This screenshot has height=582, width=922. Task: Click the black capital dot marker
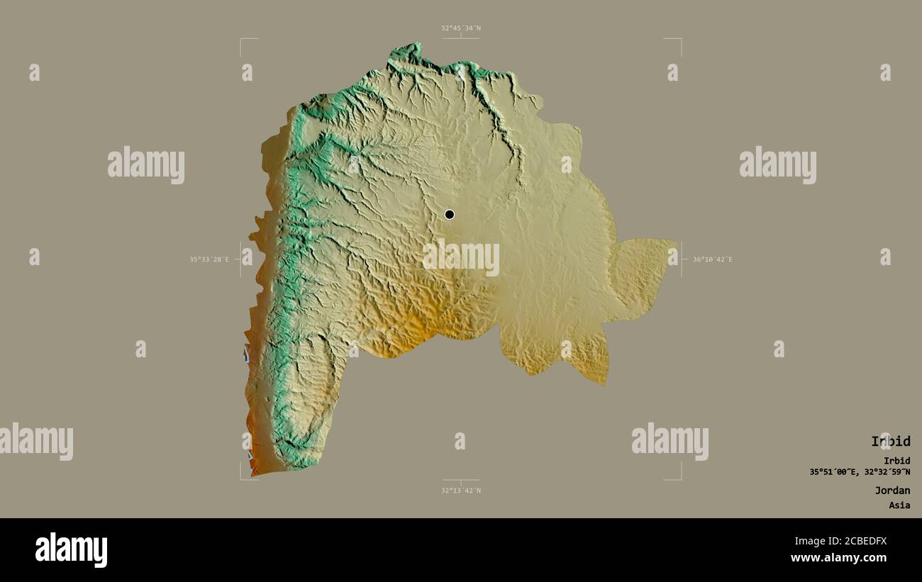449,214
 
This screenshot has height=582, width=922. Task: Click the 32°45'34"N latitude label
460,28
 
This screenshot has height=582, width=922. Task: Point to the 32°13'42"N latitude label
460,491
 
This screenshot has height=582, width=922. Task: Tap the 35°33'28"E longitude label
209,259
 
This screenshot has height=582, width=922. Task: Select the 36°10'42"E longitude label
712,259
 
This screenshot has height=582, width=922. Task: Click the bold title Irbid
890,441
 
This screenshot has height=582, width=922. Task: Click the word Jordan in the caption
892,490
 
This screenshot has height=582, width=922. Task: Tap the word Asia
899,505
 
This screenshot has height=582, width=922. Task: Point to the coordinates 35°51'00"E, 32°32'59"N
860,471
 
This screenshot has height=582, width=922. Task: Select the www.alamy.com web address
839,558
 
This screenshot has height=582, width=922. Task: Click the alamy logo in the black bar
71,550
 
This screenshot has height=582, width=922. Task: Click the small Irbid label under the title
896,461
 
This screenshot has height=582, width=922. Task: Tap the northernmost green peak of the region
409,49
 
